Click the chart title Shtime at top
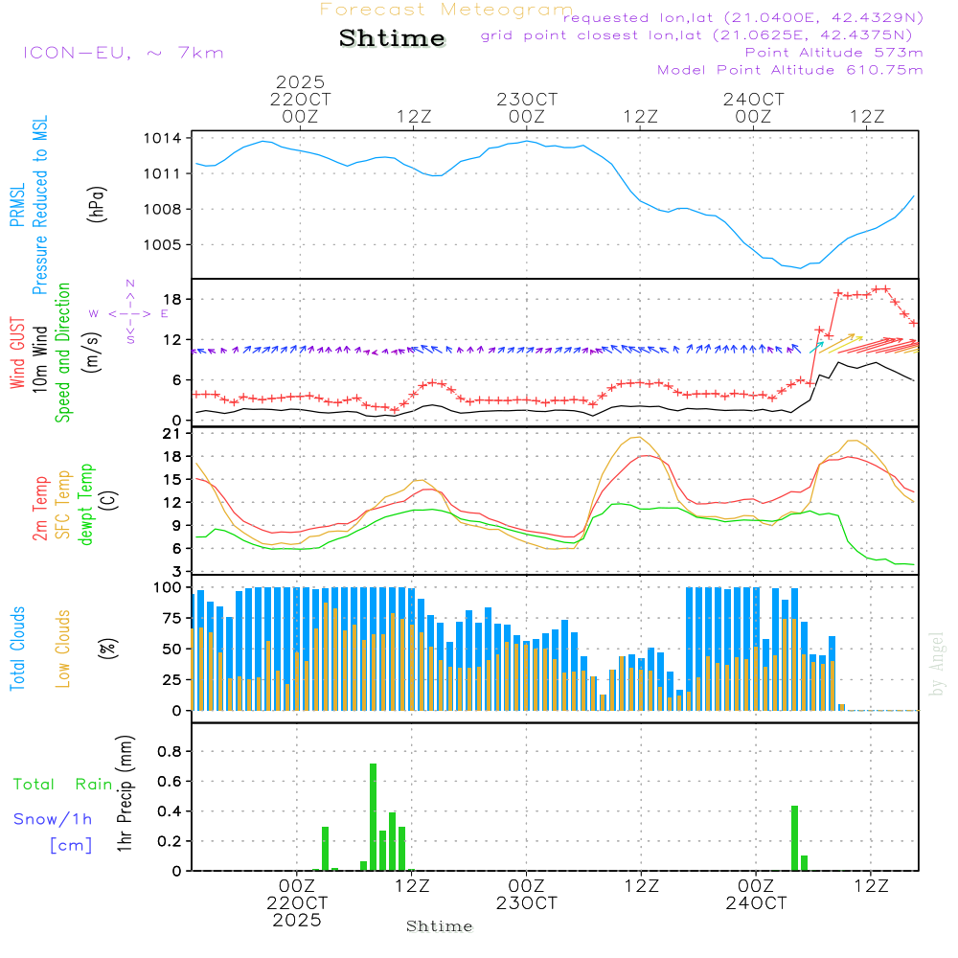pyautogui.click(x=392, y=38)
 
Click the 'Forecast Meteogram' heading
pyautogui.click(x=446, y=10)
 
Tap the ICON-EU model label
pyautogui.click(x=123, y=52)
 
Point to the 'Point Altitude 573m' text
pyautogui.click(x=833, y=52)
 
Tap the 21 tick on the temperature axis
pyautogui.click(x=173, y=434)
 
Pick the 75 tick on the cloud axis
pyautogui.click(x=173, y=618)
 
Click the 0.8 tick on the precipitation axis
pyautogui.click(x=170, y=752)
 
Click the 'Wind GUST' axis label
pyautogui.click(x=18, y=354)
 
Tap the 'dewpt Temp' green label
pyautogui.click(x=86, y=505)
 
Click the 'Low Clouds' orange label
pyautogui.click(x=64, y=647)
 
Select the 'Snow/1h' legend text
pyautogui.click(x=54, y=819)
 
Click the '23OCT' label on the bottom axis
pyautogui.click(x=526, y=903)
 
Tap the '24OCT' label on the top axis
pyautogui.click(x=754, y=99)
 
